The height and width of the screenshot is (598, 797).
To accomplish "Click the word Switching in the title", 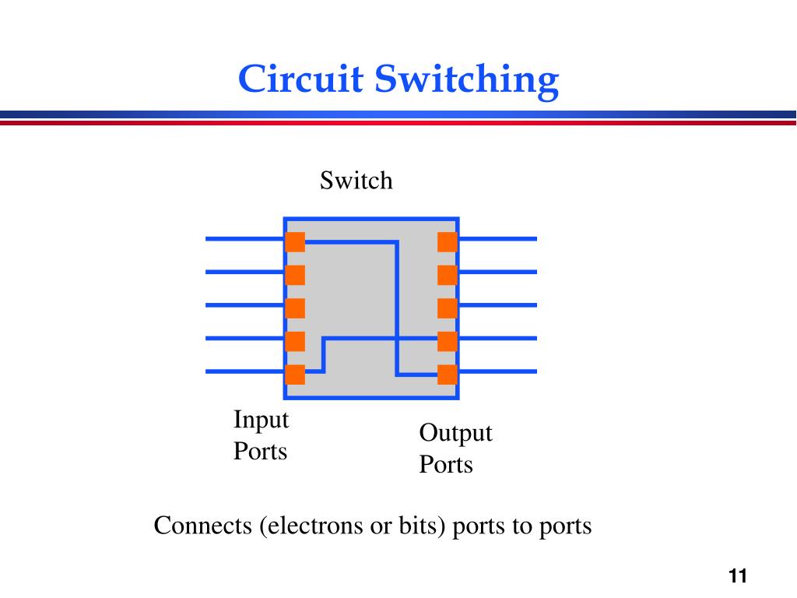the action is [x=467, y=81].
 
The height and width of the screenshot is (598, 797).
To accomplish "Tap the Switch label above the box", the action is [x=356, y=181].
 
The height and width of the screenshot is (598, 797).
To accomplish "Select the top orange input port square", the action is [x=295, y=242].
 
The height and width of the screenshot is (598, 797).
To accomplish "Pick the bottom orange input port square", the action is [x=295, y=375].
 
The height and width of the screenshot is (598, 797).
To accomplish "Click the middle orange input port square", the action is [x=295, y=308].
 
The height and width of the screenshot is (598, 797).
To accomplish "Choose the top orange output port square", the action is [x=448, y=242].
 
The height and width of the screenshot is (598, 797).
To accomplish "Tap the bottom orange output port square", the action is [x=448, y=375].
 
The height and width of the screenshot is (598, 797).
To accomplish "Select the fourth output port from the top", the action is [x=448, y=341].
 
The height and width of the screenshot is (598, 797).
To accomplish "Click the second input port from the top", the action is [x=295, y=275].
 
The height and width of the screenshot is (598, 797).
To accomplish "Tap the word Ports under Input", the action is [x=260, y=451].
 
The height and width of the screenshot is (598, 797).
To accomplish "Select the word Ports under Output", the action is [x=446, y=464].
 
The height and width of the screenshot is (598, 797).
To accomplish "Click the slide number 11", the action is [x=738, y=576].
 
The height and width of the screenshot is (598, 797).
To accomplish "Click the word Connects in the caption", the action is [x=203, y=526].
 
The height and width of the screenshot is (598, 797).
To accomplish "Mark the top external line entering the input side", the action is [x=245, y=238].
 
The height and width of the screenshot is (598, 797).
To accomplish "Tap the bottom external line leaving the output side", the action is [x=497, y=371].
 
